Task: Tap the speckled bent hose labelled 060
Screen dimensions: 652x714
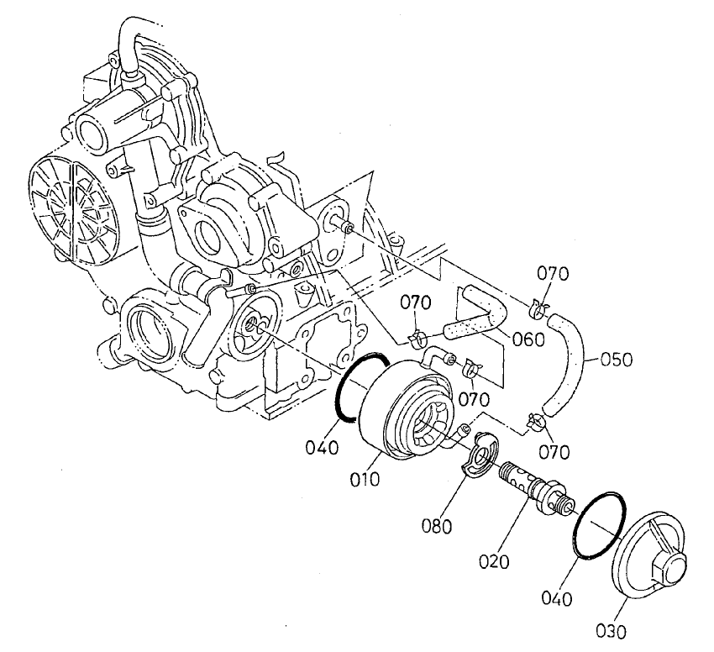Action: [x=479, y=315]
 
